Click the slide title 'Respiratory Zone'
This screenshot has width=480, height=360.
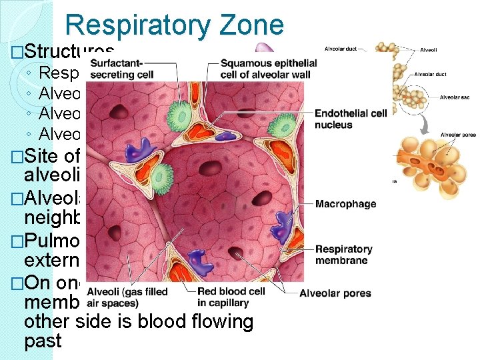175,25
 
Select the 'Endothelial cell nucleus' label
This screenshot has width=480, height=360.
350,119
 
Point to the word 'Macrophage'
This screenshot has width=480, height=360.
345,204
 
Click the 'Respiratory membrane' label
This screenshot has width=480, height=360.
343,255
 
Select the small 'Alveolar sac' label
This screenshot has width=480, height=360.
455,97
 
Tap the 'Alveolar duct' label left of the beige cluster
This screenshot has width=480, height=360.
339,49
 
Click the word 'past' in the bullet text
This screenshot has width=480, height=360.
43,341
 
